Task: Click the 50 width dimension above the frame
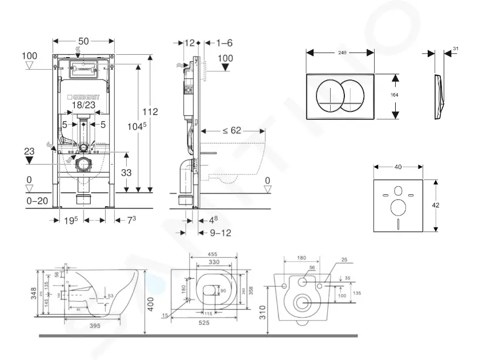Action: (83, 42)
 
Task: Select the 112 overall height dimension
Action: (150, 112)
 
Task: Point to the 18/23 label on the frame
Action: (84, 105)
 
